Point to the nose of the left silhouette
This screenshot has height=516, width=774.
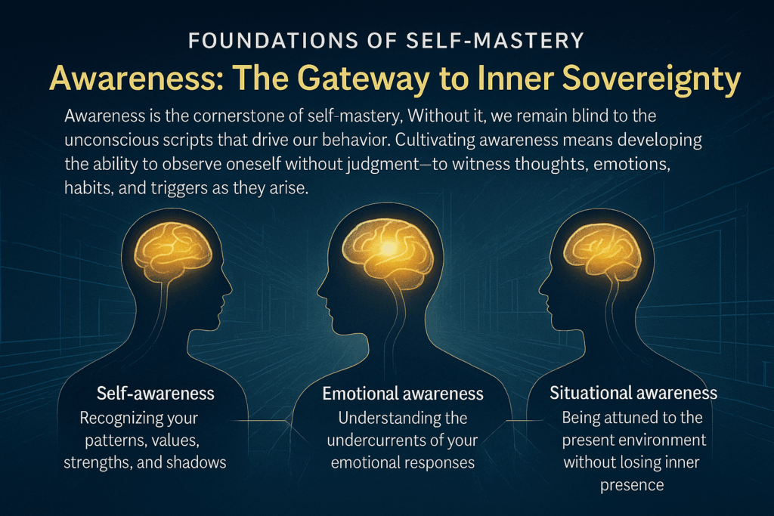click(229, 289)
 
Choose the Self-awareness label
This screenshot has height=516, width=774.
click(155, 394)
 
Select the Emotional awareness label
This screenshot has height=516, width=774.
click(403, 394)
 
